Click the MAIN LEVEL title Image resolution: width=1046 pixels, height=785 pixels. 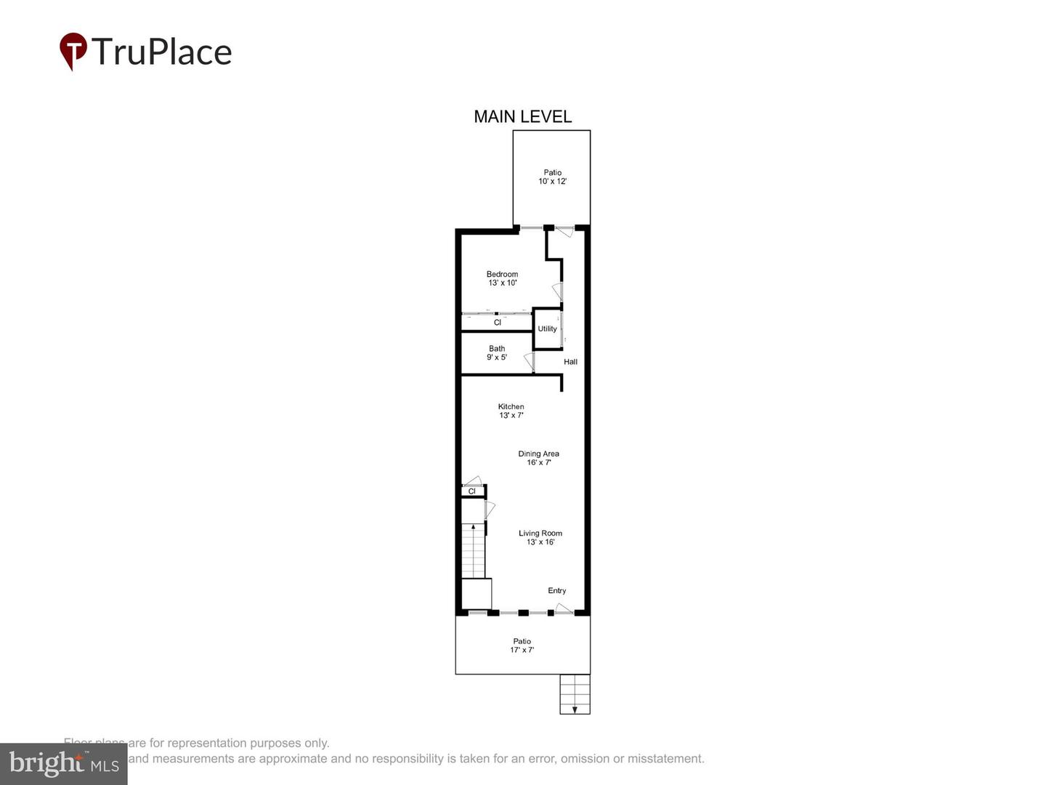coord(522,116)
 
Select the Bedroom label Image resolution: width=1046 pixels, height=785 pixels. coord(502,274)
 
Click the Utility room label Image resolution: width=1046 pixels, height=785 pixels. coord(547,329)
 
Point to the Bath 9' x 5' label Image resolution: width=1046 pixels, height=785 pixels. coord(497,353)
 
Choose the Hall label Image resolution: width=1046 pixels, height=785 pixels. coord(570,362)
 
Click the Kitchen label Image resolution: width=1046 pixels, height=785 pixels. coord(511,407)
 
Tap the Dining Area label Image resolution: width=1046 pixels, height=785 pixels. coord(538,454)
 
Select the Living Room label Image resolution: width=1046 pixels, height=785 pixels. coord(540,534)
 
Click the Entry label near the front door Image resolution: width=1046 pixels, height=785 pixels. coord(556,591)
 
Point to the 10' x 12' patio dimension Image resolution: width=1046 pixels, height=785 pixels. coord(552,182)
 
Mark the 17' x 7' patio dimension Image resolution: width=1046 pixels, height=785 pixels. coord(522,650)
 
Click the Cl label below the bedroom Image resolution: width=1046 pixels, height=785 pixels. coord(497,323)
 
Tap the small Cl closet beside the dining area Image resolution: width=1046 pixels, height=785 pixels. coord(471,491)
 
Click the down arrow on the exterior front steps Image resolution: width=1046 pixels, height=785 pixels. coord(575,709)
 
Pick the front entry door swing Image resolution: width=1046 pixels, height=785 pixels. coord(564,608)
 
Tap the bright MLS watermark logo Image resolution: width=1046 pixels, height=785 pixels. coord(63,764)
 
